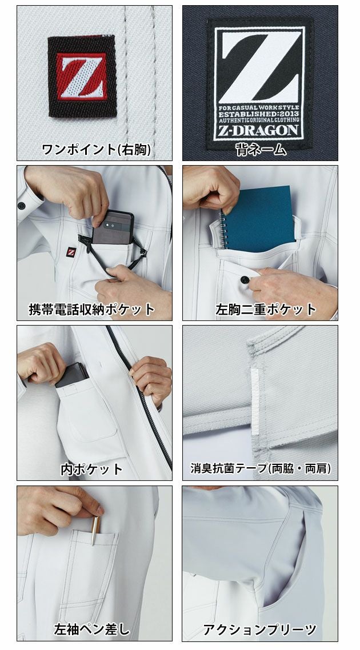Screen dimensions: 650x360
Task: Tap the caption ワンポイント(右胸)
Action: (x=96, y=150)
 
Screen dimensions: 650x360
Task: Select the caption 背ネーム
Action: (x=260, y=150)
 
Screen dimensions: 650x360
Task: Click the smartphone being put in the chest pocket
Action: (x=114, y=228)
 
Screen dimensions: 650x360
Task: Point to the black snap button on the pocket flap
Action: (x=245, y=279)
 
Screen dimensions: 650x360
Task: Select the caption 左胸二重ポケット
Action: (x=266, y=310)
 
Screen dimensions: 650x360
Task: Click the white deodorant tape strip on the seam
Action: (x=253, y=389)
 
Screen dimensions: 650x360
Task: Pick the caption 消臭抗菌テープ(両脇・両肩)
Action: (x=261, y=470)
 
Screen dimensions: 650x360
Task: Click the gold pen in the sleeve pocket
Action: (x=95, y=531)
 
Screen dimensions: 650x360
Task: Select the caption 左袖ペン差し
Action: (x=91, y=630)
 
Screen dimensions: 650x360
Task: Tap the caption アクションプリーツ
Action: (x=260, y=630)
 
